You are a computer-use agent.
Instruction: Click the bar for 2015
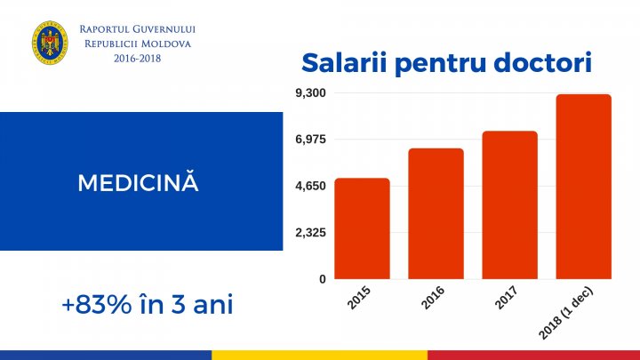click(362, 228)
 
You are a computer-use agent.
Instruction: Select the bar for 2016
click(436, 213)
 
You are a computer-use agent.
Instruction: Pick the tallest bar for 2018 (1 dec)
click(583, 187)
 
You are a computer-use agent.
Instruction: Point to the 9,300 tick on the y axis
click(310, 93)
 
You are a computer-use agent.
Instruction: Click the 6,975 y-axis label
click(310, 140)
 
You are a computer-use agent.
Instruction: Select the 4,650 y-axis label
click(310, 187)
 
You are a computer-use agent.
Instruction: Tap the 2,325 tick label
click(310, 233)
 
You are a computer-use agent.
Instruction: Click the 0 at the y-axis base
click(322, 279)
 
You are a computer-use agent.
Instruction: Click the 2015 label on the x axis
click(361, 299)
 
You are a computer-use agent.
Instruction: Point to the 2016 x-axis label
click(434, 299)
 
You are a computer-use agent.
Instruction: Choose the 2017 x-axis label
click(508, 299)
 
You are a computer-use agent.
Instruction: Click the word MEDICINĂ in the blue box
click(138, 183)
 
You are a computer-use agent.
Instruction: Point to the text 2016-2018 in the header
click(137, 58)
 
